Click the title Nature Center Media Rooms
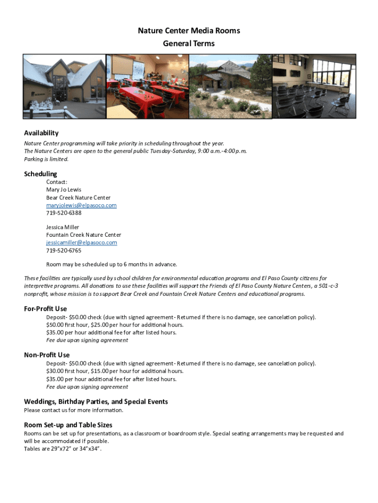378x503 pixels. click(x=189, y=31)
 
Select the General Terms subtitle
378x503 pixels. click(x=189, y=44)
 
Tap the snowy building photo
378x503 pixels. click(x=65, y=86)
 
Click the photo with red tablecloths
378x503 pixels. click(x=147, y=86)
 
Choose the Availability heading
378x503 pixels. click(x=41, y=133)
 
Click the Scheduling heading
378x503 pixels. click(x=41, y=174)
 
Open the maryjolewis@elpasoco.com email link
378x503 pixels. click(x=81, y=205)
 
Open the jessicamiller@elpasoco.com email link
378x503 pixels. click(x=81, y=243)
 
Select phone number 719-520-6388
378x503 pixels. click(x=64, y=213)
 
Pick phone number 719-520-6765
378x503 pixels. click(x=64, y=251)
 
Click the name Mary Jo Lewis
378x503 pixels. click(x=64, y=190)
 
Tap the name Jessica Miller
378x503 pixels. click(x=63, y=227)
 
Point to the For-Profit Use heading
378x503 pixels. click(x=46, y=309)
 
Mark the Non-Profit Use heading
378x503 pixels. click(x=47, y=355)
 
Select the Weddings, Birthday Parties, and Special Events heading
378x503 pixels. click(x=96, y=402)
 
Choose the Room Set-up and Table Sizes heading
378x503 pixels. click(x=68, y=425)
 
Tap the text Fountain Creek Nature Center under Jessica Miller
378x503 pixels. click(x=84, y=235)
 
